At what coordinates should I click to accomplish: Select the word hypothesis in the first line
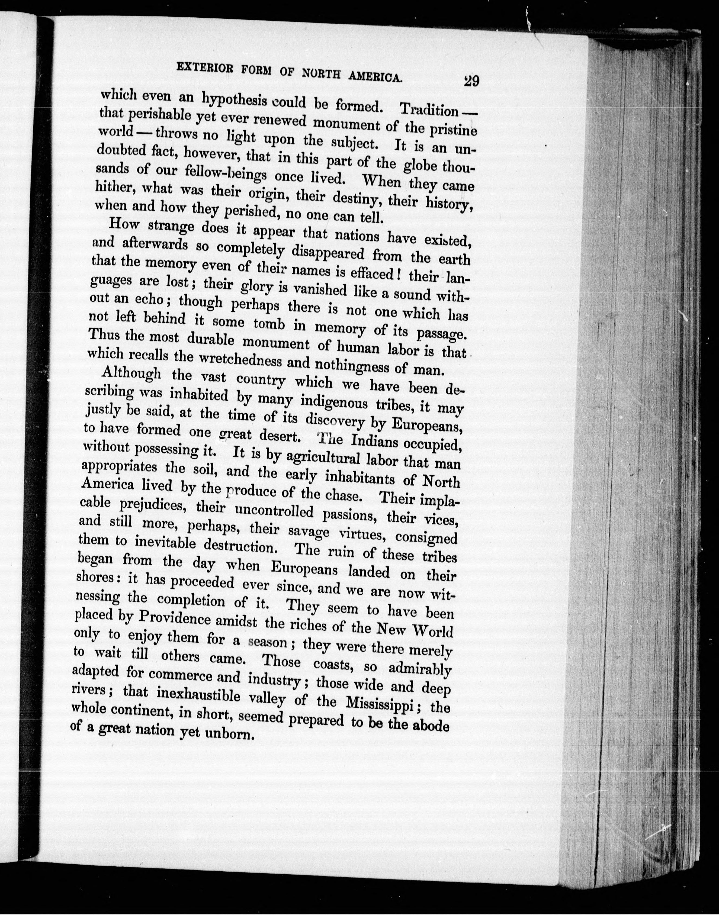point(235,100)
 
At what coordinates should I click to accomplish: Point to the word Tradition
point(429,110)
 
